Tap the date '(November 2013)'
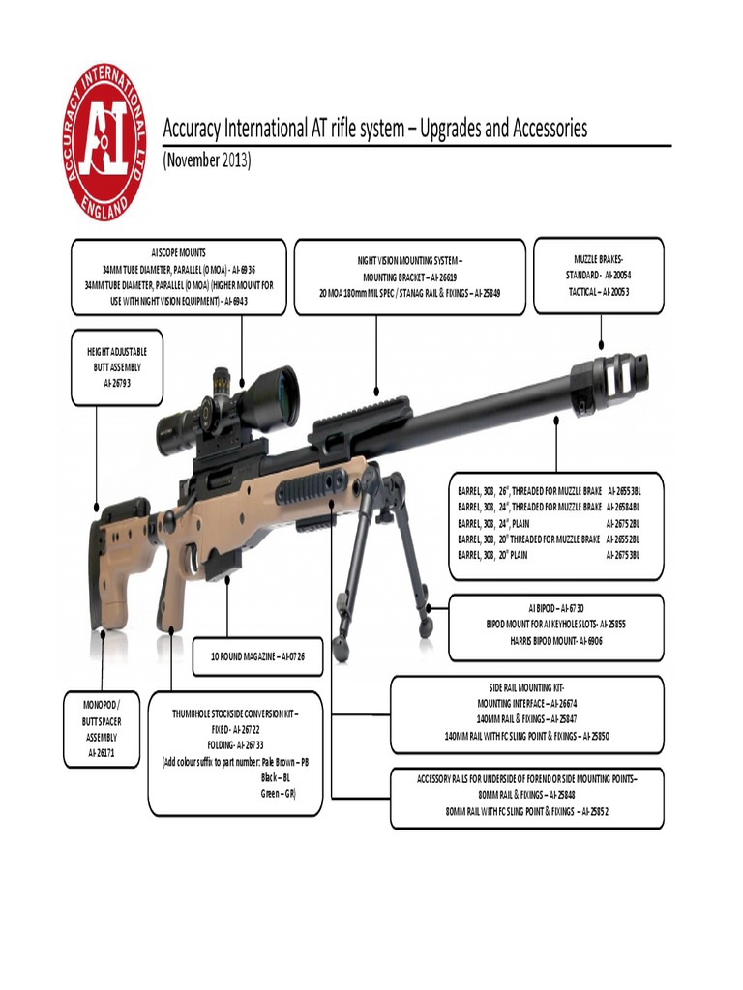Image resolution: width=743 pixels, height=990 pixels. click(206, 160)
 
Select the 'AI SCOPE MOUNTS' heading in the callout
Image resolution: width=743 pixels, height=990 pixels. click(179, 251)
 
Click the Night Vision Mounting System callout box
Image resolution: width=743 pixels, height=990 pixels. click(409, 277)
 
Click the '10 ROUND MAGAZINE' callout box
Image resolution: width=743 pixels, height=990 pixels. click(257, 656)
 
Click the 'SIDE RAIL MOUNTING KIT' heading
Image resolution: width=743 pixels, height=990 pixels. click(527, 686)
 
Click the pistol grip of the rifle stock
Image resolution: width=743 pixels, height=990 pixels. click(172, 599)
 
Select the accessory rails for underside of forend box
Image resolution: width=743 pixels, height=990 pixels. click(527, 797)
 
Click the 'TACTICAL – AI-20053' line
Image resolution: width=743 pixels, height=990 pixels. click(598, 291)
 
